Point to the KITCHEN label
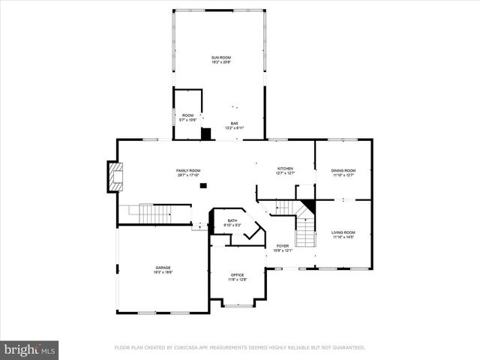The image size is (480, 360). coord(284,170)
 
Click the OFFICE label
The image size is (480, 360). coord(237,277)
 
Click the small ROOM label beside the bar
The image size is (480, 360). coord(187,117)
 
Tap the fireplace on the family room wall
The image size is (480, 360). coord(114,177)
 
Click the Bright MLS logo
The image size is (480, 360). coord(29,349)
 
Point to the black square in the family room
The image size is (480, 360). coord(203,184)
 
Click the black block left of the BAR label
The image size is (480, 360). coord(206,133)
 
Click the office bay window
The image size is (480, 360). coord(238,304)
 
